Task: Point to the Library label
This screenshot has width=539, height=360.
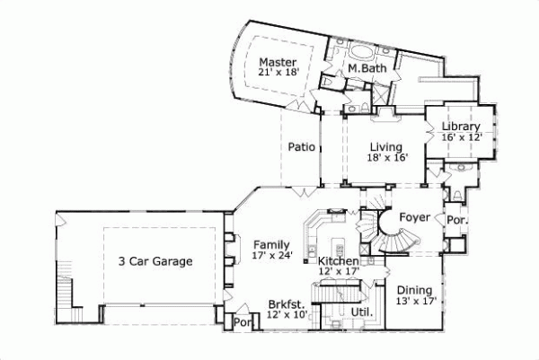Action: click(x=461, y=127)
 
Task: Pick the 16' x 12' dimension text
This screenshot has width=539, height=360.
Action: click(x=462, y=137)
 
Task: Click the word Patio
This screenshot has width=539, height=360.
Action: click(x=301, y=146)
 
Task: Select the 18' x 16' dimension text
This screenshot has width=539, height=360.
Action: click(x=387, y=157)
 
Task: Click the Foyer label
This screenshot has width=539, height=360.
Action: click(x=415, y=216)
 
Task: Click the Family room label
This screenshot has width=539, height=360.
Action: click(x=270, y=244)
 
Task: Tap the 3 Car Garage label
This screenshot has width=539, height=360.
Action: click(x=155, y=262)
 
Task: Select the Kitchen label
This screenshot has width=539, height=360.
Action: click(x=339, y=261)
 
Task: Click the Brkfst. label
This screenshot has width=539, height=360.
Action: click(x=287, y=304)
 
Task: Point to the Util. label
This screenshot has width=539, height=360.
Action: click(x=363, y=312)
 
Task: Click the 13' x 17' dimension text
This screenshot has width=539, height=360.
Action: click(x=416, y=302)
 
